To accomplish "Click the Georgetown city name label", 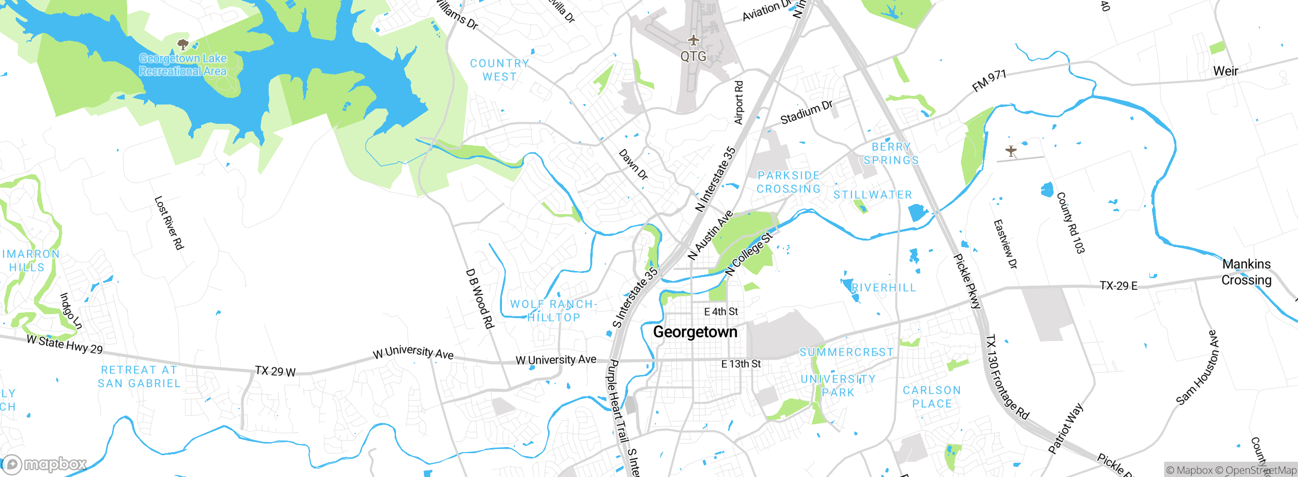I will (695, 332).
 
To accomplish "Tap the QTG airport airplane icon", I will (693, 40).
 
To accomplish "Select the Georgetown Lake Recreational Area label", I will (183, 65).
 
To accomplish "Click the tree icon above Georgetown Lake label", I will (183, 45).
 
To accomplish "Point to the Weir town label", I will (1225, 71).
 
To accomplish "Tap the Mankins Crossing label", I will (1246, 272).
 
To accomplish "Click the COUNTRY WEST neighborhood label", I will (499, 70).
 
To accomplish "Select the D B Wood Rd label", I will (479, 298).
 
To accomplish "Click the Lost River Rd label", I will (169, 223).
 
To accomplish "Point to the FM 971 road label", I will (989, 81).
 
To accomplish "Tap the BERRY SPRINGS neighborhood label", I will (891, 153).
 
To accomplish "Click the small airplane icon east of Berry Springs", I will (1011, 151).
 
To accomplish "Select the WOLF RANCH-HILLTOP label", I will (553, 311).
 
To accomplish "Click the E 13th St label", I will (741, 364).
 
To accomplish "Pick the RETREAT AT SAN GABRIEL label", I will (139, 377).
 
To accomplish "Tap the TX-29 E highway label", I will (1118, 286).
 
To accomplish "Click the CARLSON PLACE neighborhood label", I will (932, 397).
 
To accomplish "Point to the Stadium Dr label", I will (806, 113).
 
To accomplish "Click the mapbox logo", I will (45, 464).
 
